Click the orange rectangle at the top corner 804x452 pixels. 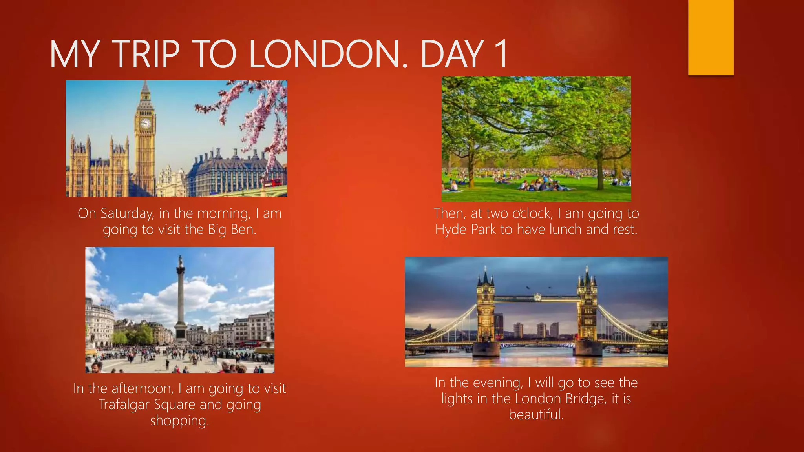tap(711, 37)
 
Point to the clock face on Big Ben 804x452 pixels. tap(145, 124)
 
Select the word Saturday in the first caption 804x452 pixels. tap(127, 213)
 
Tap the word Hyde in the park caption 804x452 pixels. tap(451, 230)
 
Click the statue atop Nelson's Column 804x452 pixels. tap(180, 261)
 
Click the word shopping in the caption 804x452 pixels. tap(179, 421)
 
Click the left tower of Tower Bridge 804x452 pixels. tap(486, 310)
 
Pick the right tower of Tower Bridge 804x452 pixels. tap(587, 310)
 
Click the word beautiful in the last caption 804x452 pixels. tap(536, 415)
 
